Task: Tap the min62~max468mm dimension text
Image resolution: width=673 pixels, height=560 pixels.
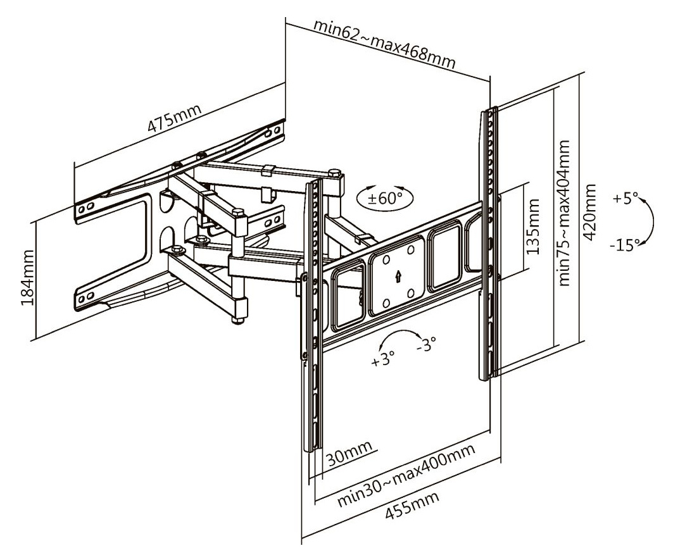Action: [x=386, y=46]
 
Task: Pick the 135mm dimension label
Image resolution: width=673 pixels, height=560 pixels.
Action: [x=535, y=226]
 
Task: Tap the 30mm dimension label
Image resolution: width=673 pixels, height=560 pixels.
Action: [x=348, y=452]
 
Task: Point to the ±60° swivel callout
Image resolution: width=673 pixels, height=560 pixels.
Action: [x=386, y=197]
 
